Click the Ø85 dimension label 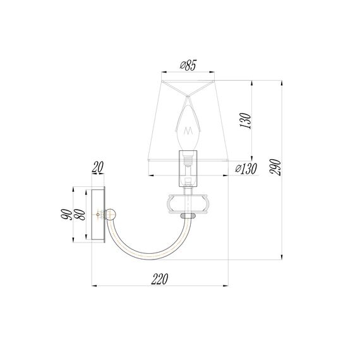189,64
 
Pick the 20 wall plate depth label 97,168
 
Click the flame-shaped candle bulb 188,124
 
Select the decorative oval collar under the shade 188,203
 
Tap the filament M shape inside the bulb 188,131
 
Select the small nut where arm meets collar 188,216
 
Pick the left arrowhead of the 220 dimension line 95,286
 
